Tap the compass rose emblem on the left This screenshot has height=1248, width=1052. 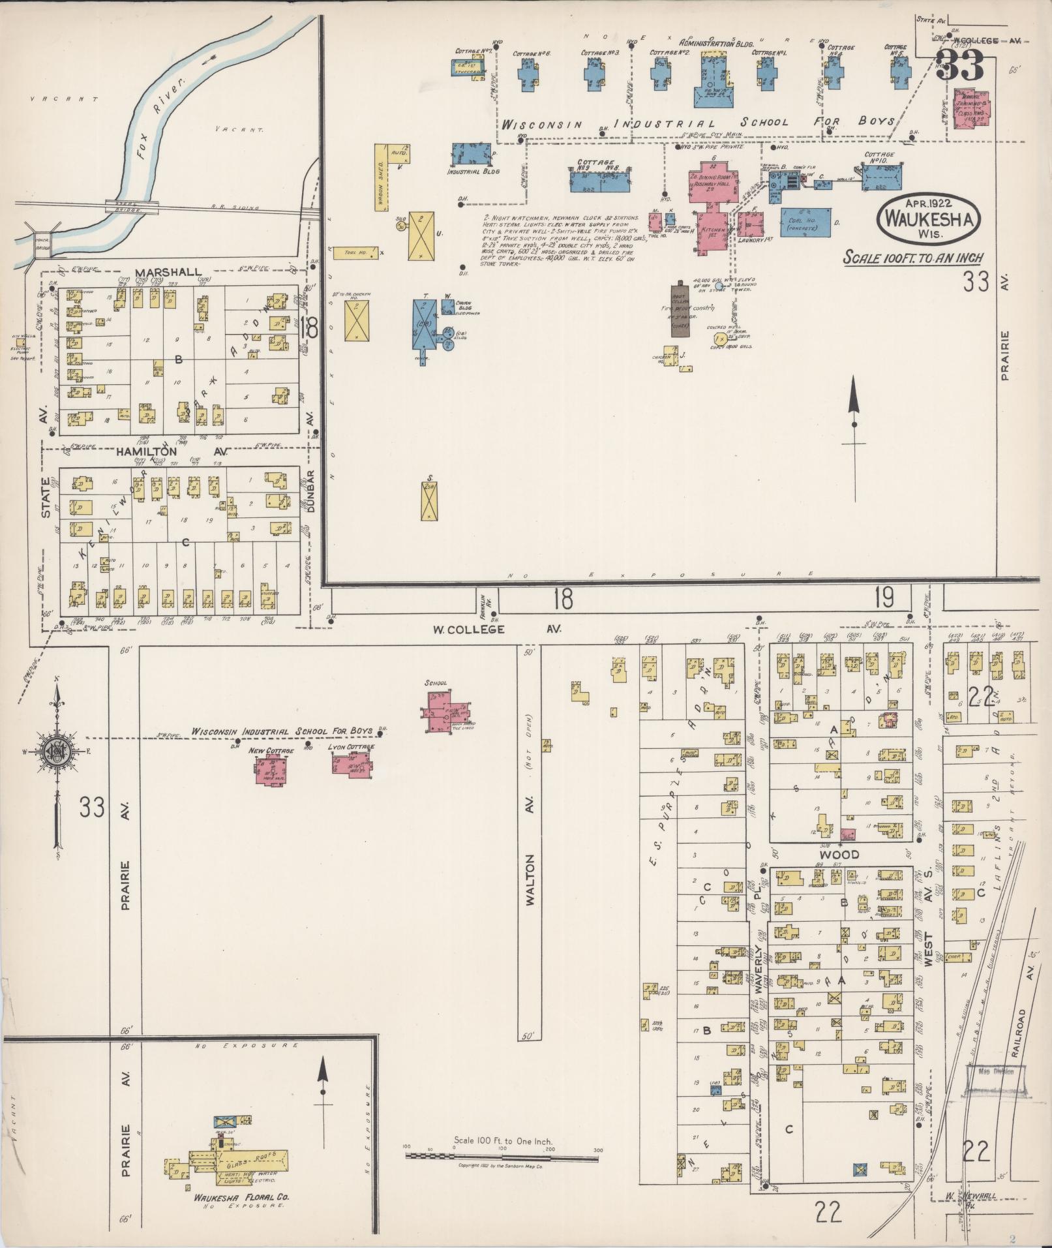tap(55, 752)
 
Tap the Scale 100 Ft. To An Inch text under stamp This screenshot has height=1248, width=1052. tap(913, 257)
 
